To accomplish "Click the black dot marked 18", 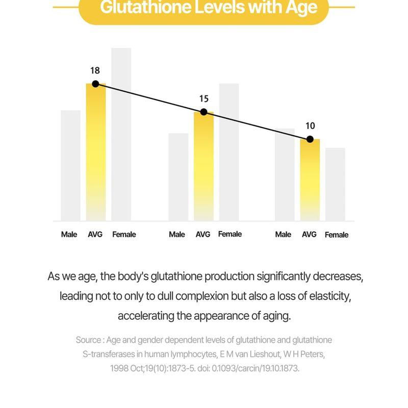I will click(95, 84).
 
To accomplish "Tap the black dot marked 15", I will click(203, 112).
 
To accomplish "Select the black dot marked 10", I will click(310, 139).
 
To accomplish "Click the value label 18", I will click(95, 71).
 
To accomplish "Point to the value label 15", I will click(203, 99).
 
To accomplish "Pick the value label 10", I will click(310, 126).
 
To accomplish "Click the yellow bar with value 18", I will click(95, 153).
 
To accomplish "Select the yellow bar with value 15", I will click(203, 168).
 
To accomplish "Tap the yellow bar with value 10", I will click(310, 181).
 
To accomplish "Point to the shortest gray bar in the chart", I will click(335, 185).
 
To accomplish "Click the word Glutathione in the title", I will click(147, 8).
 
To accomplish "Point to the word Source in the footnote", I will click(88, 340).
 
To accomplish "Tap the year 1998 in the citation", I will click(119, 368).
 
